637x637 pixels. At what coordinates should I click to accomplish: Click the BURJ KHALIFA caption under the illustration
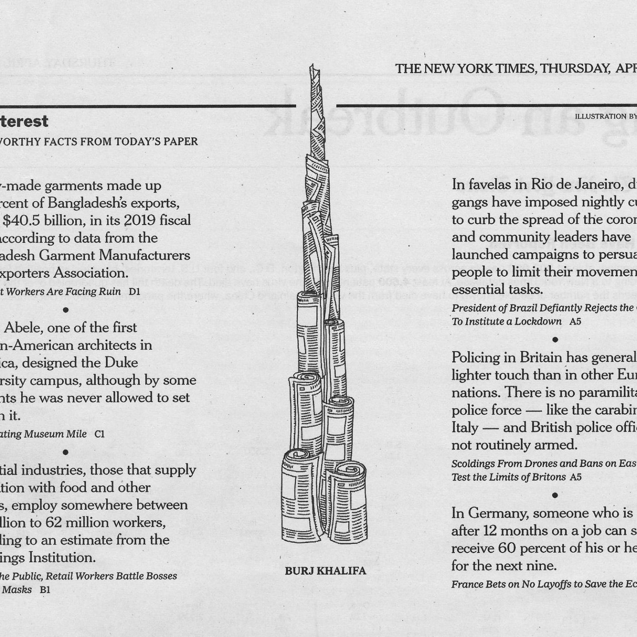325,571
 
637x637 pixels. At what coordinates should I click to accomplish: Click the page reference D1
134,292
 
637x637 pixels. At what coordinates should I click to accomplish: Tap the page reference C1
100,434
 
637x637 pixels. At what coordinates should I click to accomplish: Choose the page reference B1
45,590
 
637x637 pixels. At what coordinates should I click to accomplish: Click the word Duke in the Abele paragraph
121,363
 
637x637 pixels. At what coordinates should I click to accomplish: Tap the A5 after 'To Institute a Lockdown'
575,322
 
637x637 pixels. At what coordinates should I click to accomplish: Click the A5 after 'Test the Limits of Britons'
576,477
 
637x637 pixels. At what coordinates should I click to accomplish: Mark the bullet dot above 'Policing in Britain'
556,339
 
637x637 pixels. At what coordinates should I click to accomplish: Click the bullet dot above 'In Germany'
556,495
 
